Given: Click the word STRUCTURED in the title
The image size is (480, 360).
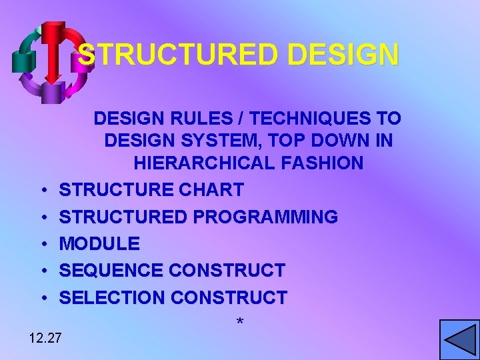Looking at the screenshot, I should point(171,55).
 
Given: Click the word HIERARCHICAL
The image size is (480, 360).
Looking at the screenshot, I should point(199,163).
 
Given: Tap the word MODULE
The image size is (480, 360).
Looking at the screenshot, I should point(100,243).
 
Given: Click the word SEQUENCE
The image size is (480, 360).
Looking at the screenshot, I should point(112,270).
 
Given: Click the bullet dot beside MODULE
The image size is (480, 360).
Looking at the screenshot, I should point(42,244).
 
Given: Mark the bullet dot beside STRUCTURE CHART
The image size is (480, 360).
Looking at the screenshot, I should point(42,191).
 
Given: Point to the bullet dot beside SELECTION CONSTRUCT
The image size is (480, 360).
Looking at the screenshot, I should point(42,297).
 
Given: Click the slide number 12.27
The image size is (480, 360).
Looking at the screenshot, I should point(45,337).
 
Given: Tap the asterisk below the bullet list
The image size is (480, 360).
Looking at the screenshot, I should point(240,323).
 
